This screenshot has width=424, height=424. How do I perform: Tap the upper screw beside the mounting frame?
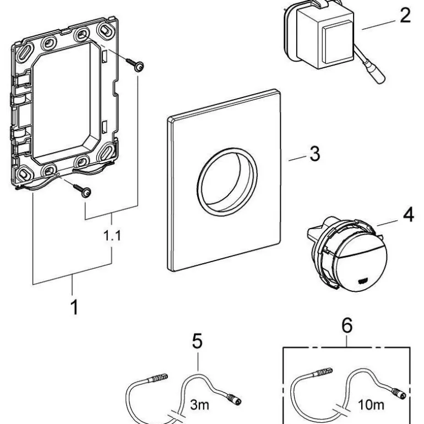(138, 66)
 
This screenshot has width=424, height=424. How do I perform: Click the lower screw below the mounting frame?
(84, 192)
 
